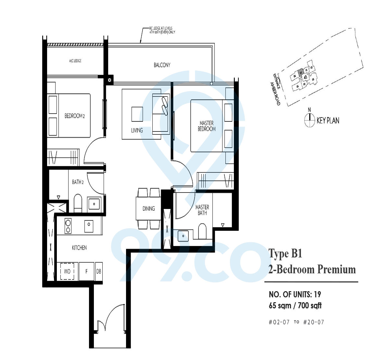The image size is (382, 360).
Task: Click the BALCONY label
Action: point(162,65)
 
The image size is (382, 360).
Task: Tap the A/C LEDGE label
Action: point(75,61)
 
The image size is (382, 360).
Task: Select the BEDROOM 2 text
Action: point(74,116)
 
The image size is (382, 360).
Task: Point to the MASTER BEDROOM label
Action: point(207,126)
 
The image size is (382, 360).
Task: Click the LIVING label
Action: point(137,130)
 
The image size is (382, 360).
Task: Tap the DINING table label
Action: point(148,208)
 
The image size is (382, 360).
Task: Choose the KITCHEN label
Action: point(79,248)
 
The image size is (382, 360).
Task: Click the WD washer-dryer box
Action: point(68,271)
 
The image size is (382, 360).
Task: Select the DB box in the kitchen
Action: point(99,271)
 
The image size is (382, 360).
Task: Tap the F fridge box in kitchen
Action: point(86,271)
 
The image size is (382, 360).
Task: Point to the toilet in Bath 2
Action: point(78,203)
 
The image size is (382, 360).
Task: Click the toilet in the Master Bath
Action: point(202,231)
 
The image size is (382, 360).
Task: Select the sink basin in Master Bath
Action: point(183,235)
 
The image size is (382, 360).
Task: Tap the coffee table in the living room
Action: point(137,114)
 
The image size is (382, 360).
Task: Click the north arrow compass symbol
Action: point(310,120)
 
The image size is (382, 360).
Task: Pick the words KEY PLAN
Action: point(328,120)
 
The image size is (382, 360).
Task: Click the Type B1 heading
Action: point(285,253)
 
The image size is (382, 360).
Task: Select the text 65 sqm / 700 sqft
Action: point(295,305)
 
